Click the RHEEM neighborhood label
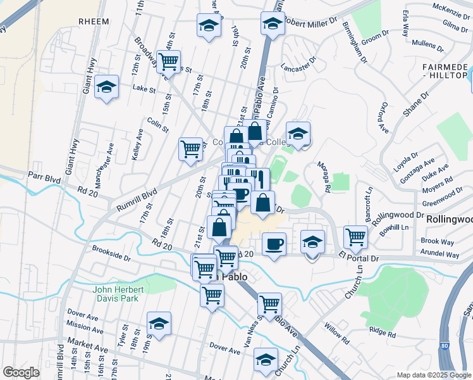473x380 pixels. pos(94,22)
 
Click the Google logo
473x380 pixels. pos(21,372)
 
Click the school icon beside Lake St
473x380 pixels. pos(107,87)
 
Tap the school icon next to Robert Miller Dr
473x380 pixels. pos(272,24)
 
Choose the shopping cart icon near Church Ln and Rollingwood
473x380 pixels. pos(355,237)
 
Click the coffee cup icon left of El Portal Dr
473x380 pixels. pos(274,244)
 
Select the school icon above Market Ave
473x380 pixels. pos(159,324)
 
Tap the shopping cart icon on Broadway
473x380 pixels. pos(168,62)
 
